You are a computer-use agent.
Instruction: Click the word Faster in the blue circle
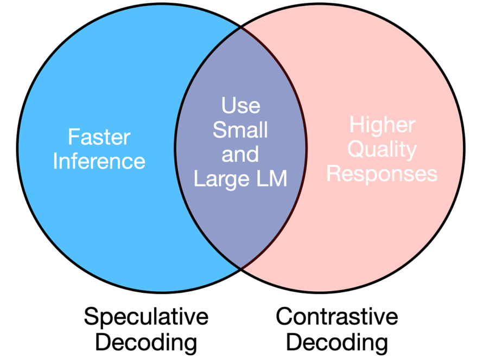pos(99,137)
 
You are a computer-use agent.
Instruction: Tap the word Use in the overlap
pos(240,105)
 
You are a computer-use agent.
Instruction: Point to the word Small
pos(240,130)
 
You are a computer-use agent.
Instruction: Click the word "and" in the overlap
pos(240,155)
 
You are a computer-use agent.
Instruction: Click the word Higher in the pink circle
pos(382,125)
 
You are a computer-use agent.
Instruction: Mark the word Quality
pos(382,150)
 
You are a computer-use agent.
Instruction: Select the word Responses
pos(382,173)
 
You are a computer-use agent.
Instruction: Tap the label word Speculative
pos(146,317)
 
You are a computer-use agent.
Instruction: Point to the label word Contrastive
pos(337,317)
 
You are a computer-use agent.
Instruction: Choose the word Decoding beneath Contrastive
pos(337,342)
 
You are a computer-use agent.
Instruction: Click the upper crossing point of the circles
pos(240,25)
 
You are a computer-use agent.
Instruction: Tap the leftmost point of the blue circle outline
pos(17,147)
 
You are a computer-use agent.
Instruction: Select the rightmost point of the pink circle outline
pos(465,147)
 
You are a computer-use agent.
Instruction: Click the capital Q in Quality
pos(356,150)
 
